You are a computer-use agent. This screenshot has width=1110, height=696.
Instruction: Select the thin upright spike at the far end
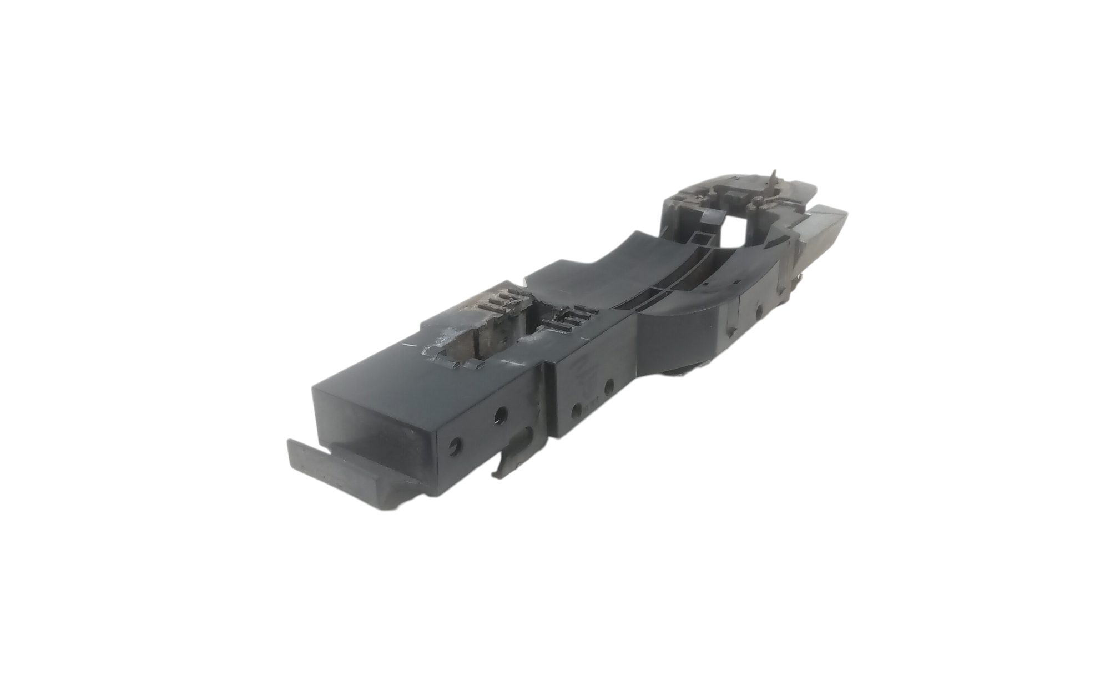(x=773, y=178)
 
